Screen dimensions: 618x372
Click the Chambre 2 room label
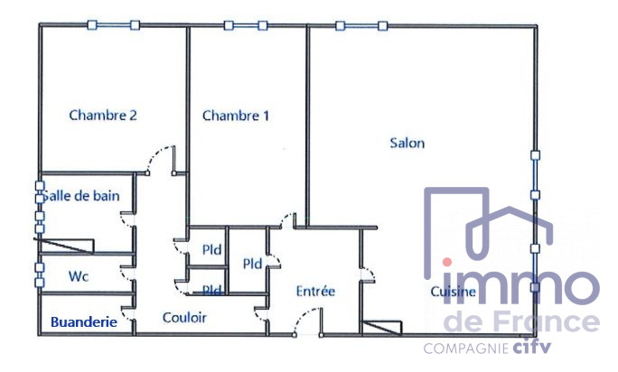(x=103, y=115)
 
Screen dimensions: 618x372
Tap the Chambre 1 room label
(x=236, y=116)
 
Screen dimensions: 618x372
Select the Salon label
(x=407, y=143)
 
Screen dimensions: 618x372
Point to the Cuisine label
(x=453, y=292)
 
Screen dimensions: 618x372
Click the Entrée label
(x=315, y=291)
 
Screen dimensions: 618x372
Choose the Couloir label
(x=184, y=317)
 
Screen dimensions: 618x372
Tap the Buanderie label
(x=84, y=322)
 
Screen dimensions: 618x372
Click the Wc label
(x=79, y=276)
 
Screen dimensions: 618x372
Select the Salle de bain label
(x=80, y=195)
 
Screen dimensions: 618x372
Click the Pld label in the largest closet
(x=252, y=264)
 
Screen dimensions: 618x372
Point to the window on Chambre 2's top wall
(x=114, y=25)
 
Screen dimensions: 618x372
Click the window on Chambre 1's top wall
(x=246, y=25)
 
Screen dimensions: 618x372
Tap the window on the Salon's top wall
(x=361, y=26)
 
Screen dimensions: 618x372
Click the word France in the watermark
(x=540, y=321)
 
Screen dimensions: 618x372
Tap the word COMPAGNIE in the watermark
(x=466, y=349)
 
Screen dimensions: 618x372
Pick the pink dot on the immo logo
(x=447, y=262)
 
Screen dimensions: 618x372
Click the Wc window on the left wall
(x=40, y=275)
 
